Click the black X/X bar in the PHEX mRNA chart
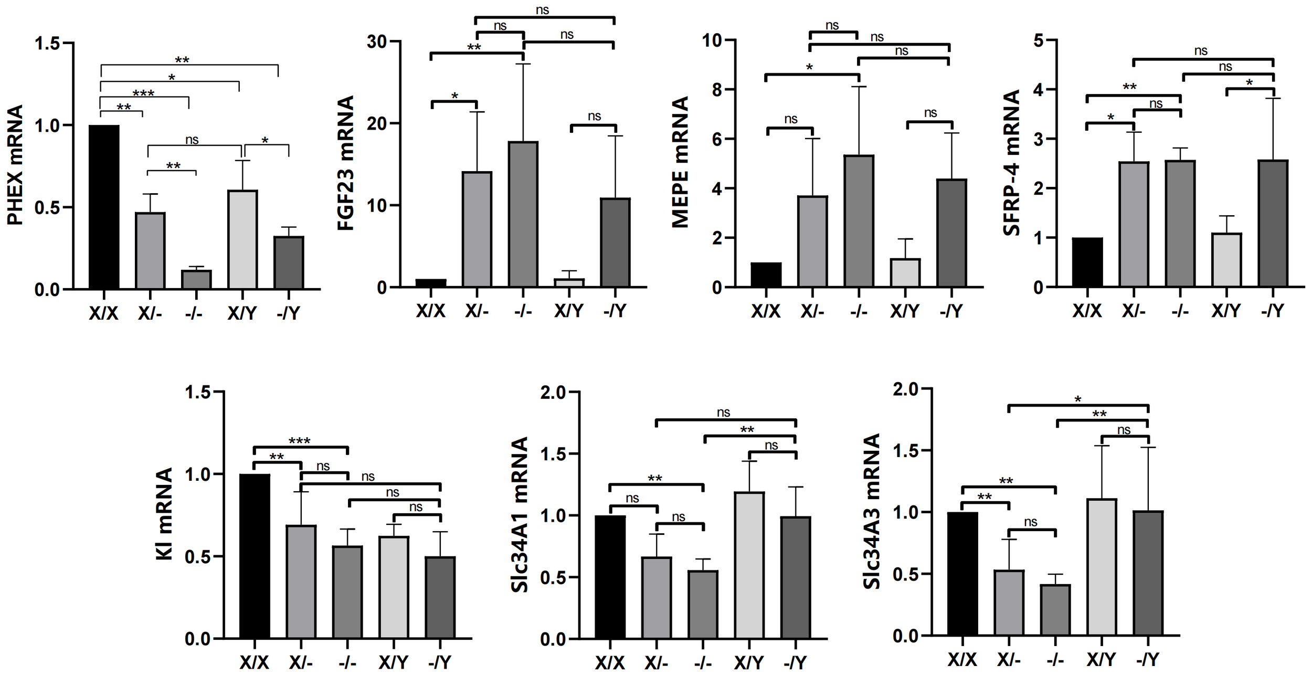click(104, 207)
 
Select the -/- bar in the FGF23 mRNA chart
click(523, 214)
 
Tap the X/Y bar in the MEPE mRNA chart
click(905, 272)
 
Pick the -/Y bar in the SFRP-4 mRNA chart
click(1273, 224)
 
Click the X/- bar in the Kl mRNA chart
click(301, 581)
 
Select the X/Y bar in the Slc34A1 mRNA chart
click(749, 565)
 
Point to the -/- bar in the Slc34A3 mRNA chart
click(1055, 610)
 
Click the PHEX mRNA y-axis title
click(16, 165)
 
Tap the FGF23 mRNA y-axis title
click(346, 163)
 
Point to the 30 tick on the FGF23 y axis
click(377, 41)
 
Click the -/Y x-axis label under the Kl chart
click(439, 662)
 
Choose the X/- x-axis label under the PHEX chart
click(150, 313)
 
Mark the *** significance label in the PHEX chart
click(143, 94)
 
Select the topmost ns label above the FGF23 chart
click(542, 10)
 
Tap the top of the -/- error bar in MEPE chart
click(859, 87)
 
